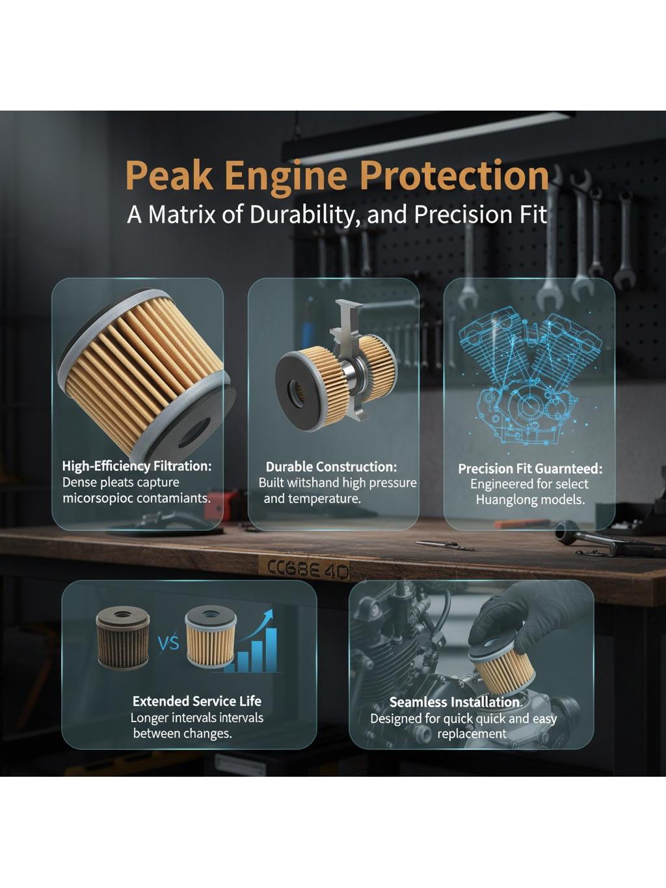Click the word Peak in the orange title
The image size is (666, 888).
tap(169, 176)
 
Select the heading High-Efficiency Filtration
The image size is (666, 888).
tap(137, 466)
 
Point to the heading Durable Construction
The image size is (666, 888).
tap(331, 467)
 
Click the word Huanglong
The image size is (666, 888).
tap(505, 500)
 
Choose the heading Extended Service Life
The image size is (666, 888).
tap(197, 701)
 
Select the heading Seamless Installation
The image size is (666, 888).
tap(455, 703)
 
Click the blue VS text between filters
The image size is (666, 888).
tap(168, 643)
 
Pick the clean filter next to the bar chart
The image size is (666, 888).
tap(210, 637)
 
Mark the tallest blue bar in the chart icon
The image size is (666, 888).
tap(271, 650)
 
